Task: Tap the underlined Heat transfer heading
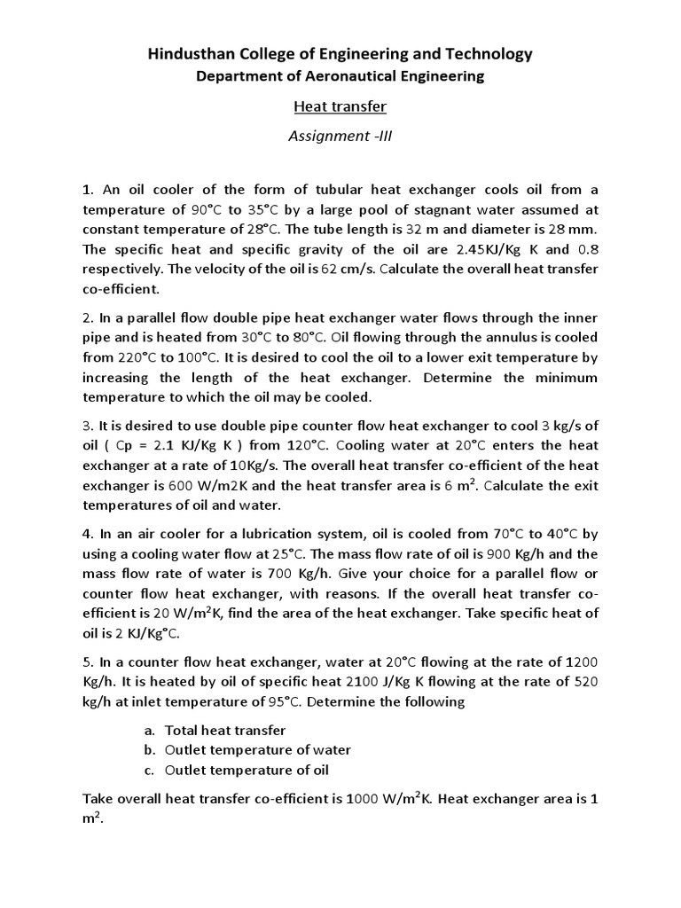(340, 108)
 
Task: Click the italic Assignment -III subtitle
(340, 137)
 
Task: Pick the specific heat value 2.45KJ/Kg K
(472, 249)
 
